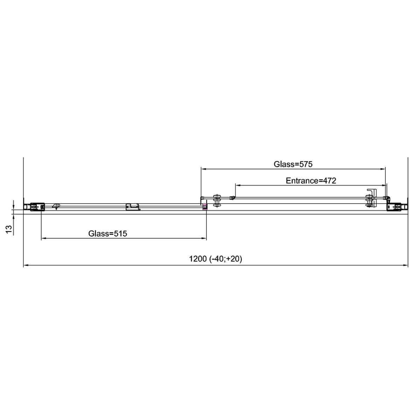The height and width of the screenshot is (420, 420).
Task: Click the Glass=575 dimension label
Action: pos(293,164)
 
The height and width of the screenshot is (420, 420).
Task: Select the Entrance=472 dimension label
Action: pos(311,181)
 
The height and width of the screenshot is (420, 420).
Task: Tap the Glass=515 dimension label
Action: pos(107,233)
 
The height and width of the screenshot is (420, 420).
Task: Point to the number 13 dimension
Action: pos(9,229)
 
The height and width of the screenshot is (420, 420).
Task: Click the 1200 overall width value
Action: pos(198,259)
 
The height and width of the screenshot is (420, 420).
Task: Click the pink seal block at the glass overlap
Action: pos(205,206)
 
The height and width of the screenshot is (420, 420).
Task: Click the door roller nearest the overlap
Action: pos(217,201)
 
